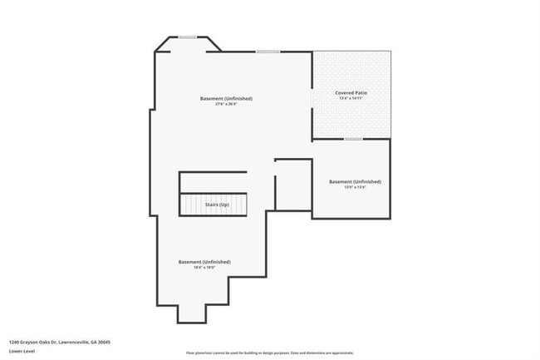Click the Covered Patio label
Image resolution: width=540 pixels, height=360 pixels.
click(350, 92)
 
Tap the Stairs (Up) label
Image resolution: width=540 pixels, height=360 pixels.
click(218, 205)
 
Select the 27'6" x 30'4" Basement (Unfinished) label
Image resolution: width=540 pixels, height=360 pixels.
click(226, 98)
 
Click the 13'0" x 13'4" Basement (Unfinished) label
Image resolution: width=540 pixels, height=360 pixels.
click(355, 181)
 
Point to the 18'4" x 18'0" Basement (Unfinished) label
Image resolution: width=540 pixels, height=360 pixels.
click(204, 262)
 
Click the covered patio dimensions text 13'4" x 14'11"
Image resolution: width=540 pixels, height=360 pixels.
click(350, 99)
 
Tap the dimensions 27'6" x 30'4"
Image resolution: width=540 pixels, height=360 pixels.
click(226, 104)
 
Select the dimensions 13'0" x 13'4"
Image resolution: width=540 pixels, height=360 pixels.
click(355, 188)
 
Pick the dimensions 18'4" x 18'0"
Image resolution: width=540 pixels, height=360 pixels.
click(204, 268)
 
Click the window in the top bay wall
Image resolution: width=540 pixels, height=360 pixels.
click(188, 37)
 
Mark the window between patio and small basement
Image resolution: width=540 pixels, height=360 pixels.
click(353, 139)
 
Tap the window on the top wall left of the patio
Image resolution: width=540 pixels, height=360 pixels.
click(268, 52)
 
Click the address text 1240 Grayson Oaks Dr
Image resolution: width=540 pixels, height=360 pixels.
click(60, 342)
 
